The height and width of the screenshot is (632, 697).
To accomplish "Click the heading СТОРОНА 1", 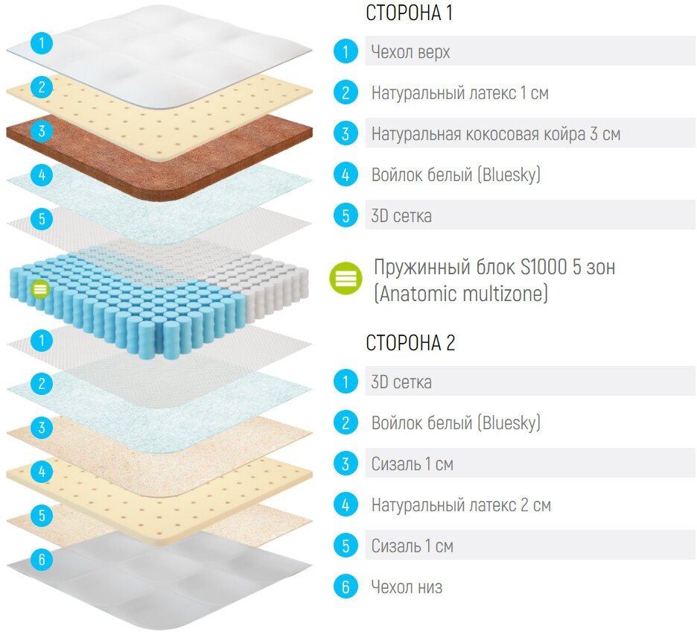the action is [x=409, y=13].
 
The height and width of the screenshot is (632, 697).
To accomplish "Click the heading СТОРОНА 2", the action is [x=410, y=343].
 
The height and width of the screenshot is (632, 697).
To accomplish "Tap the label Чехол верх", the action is [x=410, y=52].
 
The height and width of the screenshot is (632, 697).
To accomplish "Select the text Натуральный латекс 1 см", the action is [x=459, y=93].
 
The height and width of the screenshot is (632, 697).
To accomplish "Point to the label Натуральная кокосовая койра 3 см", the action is [x=495, y=134].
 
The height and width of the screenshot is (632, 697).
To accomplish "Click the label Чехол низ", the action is [x=407, y=587].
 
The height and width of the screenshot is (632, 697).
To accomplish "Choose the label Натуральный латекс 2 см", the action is [x=461, y=505].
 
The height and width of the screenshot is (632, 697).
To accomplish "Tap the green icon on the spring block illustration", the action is [x=41, y=288].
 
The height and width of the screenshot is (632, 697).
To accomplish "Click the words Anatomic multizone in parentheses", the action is [x=460, y=294].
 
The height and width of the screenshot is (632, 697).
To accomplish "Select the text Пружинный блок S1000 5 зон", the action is [x=494, y=268].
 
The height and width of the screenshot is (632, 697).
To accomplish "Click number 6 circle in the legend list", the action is [x=345, y=587].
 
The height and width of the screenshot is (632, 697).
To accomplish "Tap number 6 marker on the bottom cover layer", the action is [x=42, y=558].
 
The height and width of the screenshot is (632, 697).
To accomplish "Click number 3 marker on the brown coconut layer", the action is [x=42, y=131].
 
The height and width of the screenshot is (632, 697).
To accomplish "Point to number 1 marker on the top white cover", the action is [x=42, y=42].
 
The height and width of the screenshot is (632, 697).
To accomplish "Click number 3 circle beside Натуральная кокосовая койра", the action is [x=345, y=134].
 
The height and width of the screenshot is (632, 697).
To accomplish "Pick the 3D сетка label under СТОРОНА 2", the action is [x=401, y=382].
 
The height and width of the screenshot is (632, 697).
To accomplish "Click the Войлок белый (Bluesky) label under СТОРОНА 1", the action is [x=456, y=175].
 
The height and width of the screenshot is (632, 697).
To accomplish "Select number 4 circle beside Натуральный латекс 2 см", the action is [x=345, y=505].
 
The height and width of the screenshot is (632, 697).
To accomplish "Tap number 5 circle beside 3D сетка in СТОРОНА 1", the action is [x=345, y=216].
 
